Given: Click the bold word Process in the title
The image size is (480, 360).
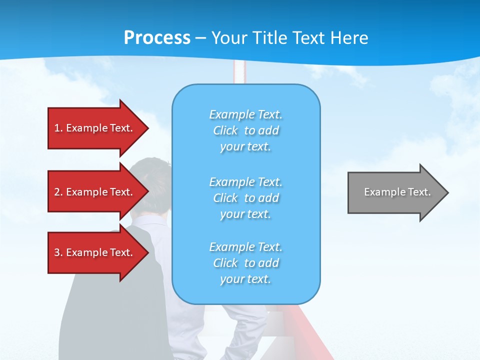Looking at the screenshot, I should (157, 38).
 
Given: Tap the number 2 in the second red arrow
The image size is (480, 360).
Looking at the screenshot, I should (57, 192).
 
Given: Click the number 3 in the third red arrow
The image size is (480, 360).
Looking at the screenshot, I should (57, 252).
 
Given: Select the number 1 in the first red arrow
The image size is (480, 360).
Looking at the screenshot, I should (57, 128).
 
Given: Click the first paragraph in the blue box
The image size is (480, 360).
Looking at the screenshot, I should (245, 130).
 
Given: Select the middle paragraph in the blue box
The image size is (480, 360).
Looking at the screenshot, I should (245, 198).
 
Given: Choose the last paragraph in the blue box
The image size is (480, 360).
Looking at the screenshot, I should (245, 263).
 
